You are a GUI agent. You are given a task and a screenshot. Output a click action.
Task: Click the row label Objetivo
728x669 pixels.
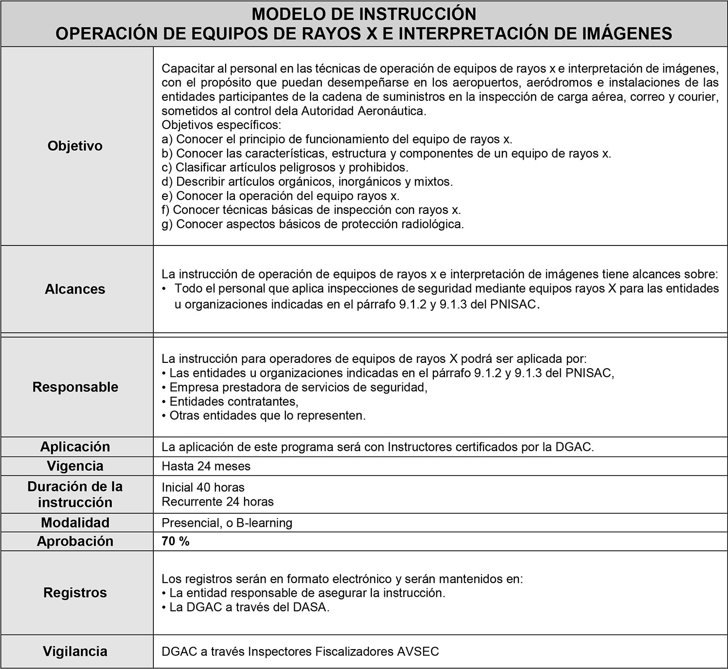[75, 146]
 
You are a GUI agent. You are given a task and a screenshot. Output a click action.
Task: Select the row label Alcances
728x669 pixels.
[75, 289]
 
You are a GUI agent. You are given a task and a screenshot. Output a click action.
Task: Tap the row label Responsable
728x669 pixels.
[75, 387]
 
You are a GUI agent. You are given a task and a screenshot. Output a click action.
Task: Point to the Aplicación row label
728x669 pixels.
[75, 447]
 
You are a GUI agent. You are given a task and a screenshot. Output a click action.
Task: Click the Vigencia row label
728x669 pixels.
[75, 466]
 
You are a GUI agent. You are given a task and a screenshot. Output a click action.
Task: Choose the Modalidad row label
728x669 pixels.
[75, 523]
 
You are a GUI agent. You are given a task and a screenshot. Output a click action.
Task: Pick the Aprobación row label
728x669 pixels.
[75, 541]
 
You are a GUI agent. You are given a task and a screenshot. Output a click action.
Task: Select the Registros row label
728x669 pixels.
[75, 593]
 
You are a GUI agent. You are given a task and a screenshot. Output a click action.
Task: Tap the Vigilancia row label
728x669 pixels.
[75, 651]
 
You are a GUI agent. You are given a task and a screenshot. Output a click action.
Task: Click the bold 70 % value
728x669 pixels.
[176, 541]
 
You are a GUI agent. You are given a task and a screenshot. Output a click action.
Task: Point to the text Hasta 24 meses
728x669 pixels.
[206, 466]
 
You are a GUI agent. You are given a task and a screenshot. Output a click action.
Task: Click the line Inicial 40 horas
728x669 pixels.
[203, 487]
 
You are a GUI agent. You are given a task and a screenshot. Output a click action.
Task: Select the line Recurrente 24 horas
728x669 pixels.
[217, 501]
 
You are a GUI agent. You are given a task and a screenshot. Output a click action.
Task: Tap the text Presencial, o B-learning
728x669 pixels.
[227, 523]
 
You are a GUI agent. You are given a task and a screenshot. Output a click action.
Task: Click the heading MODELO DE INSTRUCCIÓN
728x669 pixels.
[364, 14]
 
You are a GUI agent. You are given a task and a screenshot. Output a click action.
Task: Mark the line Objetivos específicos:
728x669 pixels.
[221, 125]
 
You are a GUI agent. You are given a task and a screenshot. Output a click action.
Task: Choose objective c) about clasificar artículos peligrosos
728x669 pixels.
[285, 167]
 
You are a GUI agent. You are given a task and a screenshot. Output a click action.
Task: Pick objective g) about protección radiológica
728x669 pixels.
[313, 224]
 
